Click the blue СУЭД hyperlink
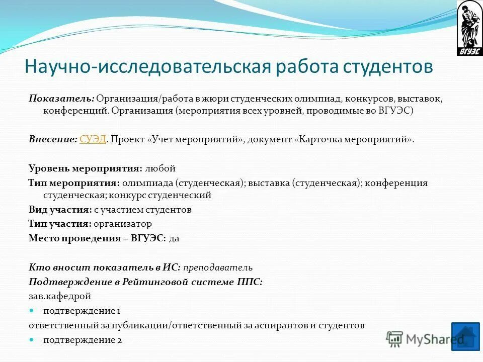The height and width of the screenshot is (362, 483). (x=93, y=140)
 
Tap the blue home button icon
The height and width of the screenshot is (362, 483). (x=465, y=336)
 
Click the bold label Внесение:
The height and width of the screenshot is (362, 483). (x=53, y=140)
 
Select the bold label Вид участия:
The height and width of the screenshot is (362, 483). (x=60, y=210)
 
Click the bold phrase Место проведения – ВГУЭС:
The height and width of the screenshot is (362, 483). (x=97, y=238)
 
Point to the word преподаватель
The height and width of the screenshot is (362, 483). (x=217, y=267)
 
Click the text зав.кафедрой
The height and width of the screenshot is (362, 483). (x=60, y=296)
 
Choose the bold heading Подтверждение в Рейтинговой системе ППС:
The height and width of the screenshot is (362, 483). (x=145, y=282)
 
